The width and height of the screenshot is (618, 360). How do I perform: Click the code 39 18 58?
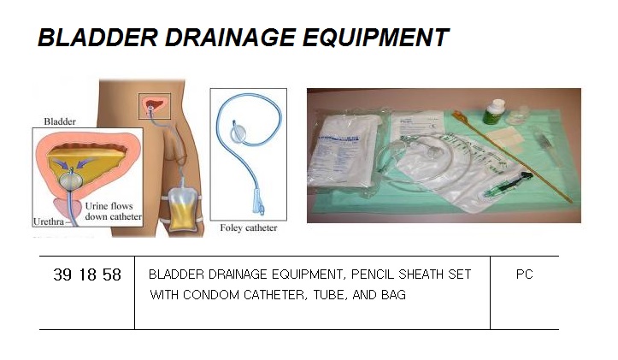(87, 275)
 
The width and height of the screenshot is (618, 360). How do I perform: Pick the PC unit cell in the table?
(525, 275)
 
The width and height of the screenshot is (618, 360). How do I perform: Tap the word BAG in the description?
(391, 296)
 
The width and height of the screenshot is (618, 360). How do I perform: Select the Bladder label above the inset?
(61, 122)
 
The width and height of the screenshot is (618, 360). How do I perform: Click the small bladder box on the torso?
(154, 106)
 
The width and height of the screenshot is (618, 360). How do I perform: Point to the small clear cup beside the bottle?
(517, 116)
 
